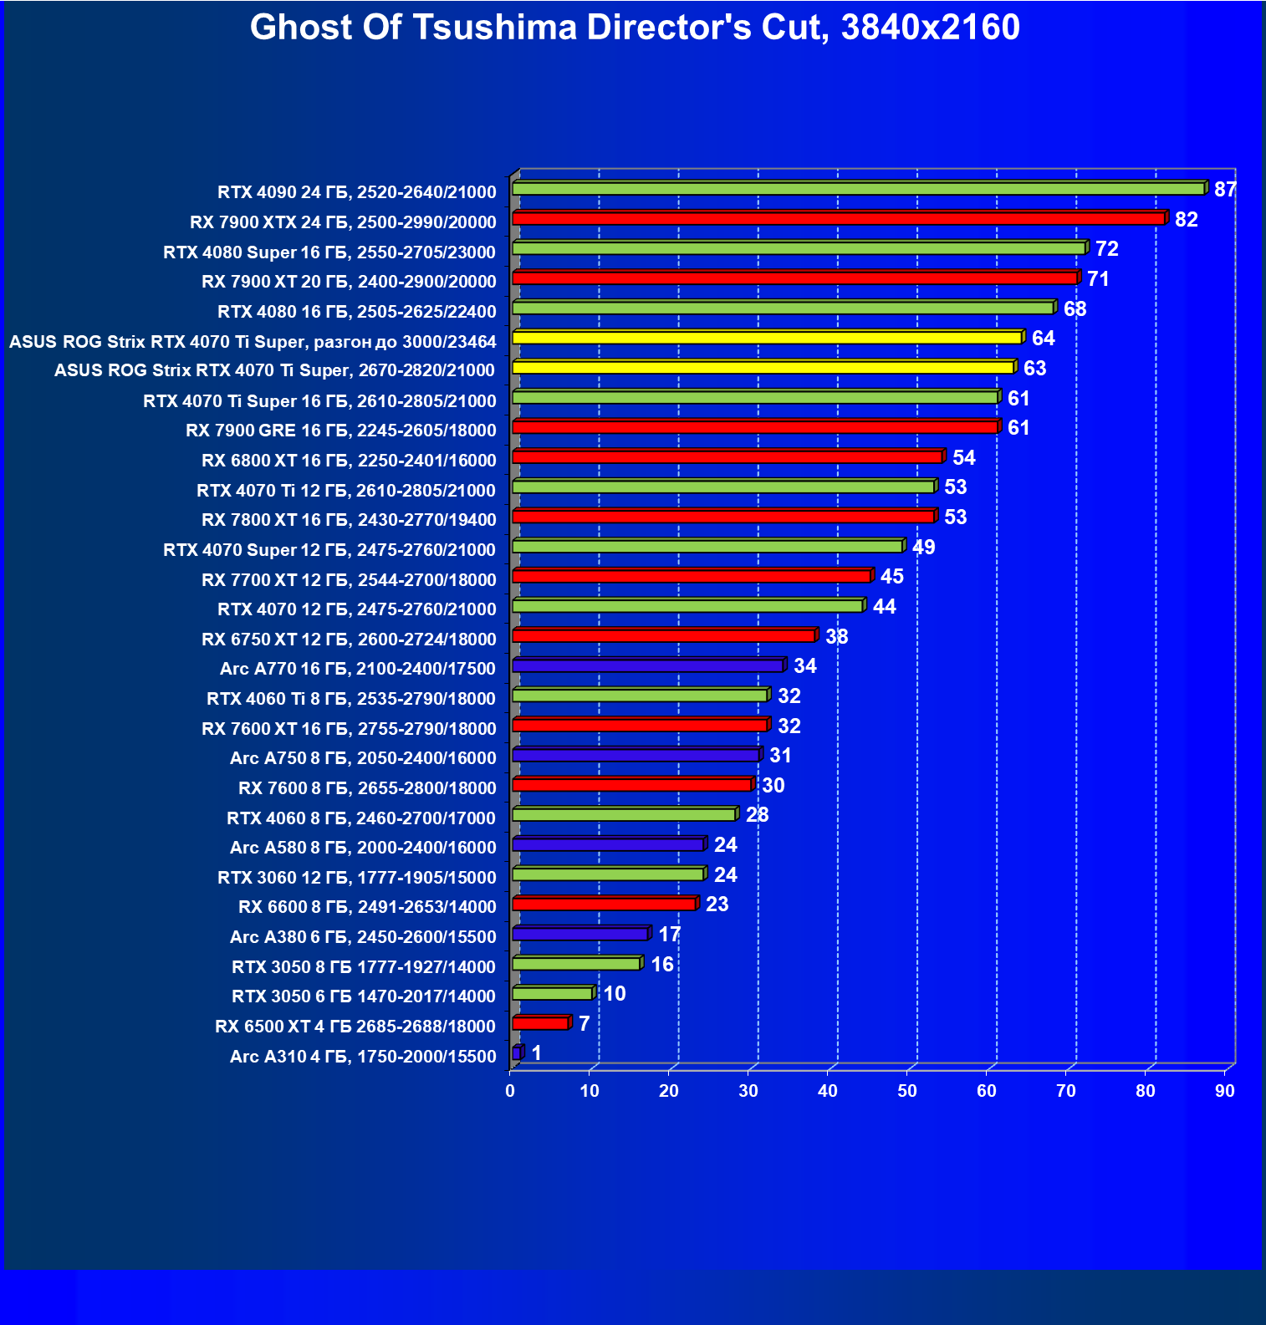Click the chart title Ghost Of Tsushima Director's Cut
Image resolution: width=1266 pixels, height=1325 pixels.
tap(634, 28)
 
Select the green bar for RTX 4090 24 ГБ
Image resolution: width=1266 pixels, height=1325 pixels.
tap(858, 189)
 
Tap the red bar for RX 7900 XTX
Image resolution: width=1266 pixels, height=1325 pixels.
tap(838, 219)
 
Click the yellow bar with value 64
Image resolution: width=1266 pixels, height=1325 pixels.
tap(767, 338)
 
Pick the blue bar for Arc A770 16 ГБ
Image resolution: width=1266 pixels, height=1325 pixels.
tap(647, 666)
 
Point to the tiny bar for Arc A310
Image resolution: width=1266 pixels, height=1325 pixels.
tap(517, 1053)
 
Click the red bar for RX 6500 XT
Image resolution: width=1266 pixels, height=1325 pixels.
tap(540, 1023)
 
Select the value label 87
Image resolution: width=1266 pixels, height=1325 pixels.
tap(1225, 190)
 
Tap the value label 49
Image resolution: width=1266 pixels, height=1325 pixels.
tap(923, 548)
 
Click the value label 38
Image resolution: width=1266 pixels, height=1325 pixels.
tap(836, 637)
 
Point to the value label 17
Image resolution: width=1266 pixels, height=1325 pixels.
tap(669, 935)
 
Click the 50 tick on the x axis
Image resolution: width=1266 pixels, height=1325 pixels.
tap(906, 1091)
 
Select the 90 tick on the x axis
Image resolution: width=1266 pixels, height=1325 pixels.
tap(1224, 1091)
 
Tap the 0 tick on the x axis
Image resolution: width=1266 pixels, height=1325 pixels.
tap(510, 1091)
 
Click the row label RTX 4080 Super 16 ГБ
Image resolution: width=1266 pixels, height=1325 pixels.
tap(329, 252)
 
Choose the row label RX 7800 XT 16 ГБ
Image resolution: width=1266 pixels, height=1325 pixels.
tap(349, 520)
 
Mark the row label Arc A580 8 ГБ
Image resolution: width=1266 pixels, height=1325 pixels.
tap(363, 848)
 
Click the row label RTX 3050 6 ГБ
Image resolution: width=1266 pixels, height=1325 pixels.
tap(364, 996)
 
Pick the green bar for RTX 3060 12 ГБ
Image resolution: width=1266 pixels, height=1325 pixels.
tap(608, 874)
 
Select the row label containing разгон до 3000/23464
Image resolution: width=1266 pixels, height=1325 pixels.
tap(253, 342)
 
